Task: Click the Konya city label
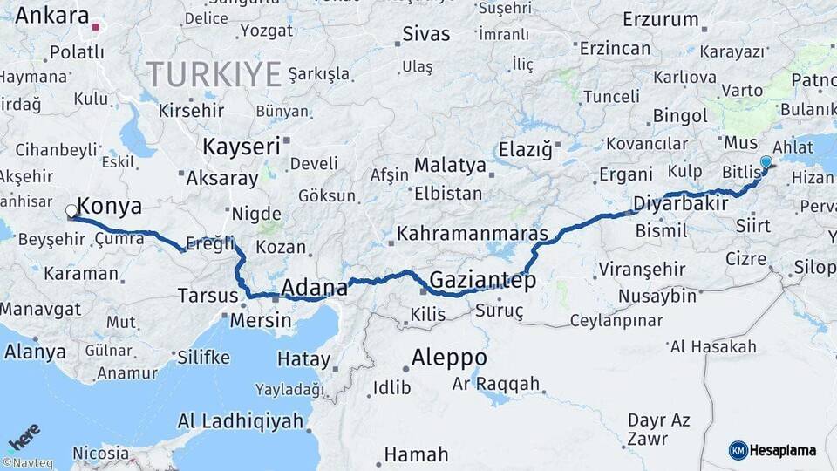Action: point(109,207)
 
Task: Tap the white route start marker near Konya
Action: point(71,211)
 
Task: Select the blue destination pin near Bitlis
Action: point(766,162)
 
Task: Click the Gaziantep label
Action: point(482,281)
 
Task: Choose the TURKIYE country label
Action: point(214,73)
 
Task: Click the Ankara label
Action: point(52,15)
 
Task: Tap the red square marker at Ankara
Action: point(95,27)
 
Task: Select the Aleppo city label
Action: point(448,358)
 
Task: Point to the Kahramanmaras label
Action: point(473,234)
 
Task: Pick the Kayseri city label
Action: point(241,146)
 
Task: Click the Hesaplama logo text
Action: point(786,450)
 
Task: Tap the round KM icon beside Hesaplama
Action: point(738,450)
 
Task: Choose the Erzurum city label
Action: point(661,19)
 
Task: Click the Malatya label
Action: point(449,165)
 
